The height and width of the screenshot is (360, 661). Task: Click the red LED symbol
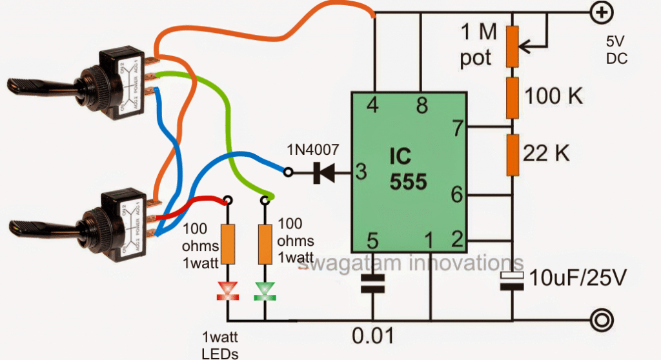(x=227, y=291)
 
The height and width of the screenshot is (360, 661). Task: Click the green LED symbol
(x=264, y=291)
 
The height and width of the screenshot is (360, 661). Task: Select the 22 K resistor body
(x=513, y=155)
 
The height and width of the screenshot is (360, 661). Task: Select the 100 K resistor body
(x=513, y=97)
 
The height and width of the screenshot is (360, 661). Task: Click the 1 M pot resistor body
(x=513, y=46)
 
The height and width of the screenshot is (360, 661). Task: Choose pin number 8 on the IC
(x=422, y=106)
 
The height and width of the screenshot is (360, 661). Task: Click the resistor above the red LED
(x=227, y=245)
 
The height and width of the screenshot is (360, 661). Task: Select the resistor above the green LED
(x=264, y=245)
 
